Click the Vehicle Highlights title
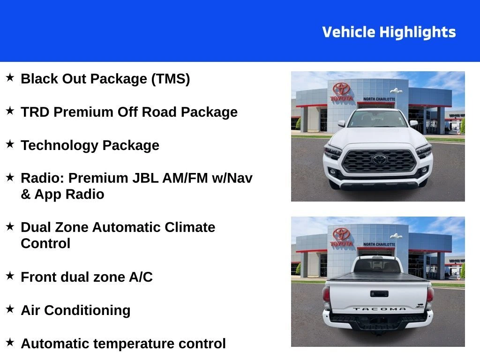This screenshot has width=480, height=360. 389,32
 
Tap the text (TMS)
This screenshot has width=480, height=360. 170,79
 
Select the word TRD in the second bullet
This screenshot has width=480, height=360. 35,112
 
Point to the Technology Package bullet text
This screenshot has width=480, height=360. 90,145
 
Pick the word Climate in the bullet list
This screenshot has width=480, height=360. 190,227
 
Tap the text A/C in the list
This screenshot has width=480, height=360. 141,277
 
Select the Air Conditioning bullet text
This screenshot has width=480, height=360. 75,310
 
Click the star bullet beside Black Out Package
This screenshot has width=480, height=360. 10,77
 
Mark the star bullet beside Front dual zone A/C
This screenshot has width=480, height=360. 10,276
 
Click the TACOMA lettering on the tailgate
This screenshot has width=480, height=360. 379,309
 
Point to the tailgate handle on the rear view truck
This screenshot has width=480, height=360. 379,294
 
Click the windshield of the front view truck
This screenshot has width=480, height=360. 378,119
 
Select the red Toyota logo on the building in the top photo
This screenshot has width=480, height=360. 341,89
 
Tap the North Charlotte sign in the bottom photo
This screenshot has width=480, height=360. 379,244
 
